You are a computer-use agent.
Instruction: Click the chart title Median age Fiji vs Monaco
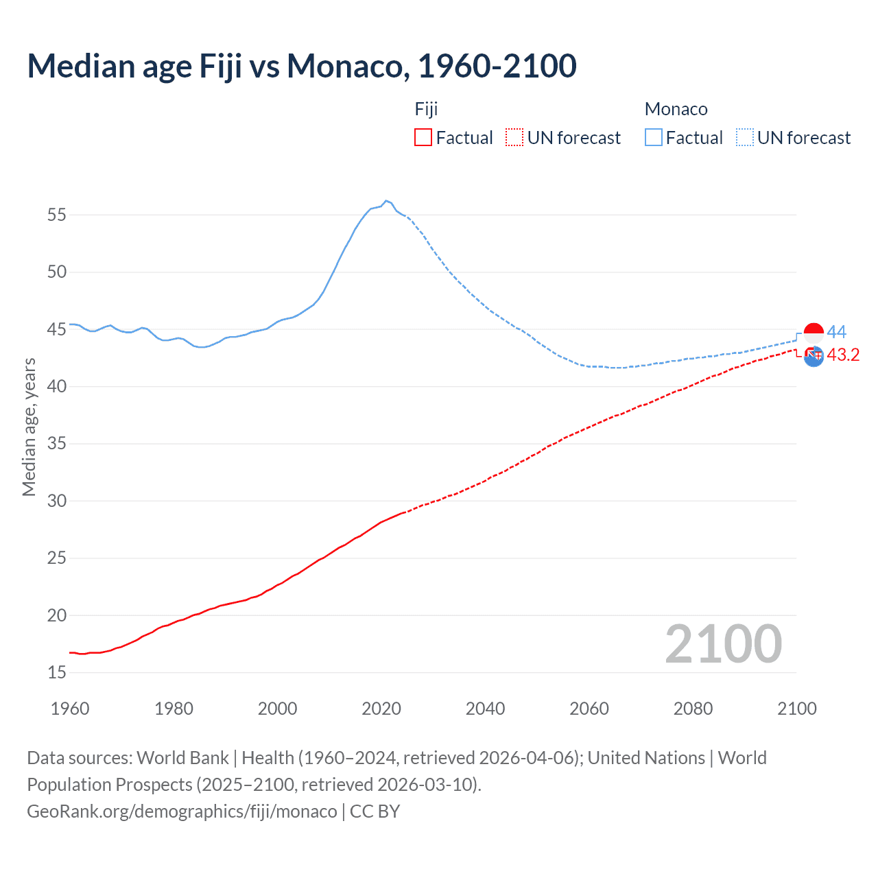point(302,66)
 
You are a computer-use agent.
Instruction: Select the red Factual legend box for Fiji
point(423,137)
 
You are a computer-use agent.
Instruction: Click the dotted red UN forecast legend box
point(514,137)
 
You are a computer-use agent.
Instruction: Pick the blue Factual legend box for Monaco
point(654,137)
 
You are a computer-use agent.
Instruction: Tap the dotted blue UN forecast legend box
point(745,137)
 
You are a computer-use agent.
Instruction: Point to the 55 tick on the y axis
point(57,215)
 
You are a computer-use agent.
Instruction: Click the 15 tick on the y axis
point(57,672)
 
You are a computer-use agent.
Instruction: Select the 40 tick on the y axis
point(57,386)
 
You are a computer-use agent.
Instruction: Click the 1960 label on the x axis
point(70,709)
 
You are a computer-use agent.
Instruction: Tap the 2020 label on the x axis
point(381,709)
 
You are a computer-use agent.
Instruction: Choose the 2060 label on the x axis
point(589,709)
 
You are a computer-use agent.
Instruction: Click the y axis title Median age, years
point(29,427)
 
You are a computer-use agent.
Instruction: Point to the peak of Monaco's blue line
point(386,200)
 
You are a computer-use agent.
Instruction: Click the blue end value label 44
point(837,332)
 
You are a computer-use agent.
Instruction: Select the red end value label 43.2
point(843,355)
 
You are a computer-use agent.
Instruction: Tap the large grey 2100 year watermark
point(724,643)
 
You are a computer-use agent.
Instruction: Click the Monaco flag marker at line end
point(814,333)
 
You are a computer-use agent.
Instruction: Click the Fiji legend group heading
point(426,109)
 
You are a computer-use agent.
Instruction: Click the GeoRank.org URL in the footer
point(182,811)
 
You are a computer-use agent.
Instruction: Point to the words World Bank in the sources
point(182,757)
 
